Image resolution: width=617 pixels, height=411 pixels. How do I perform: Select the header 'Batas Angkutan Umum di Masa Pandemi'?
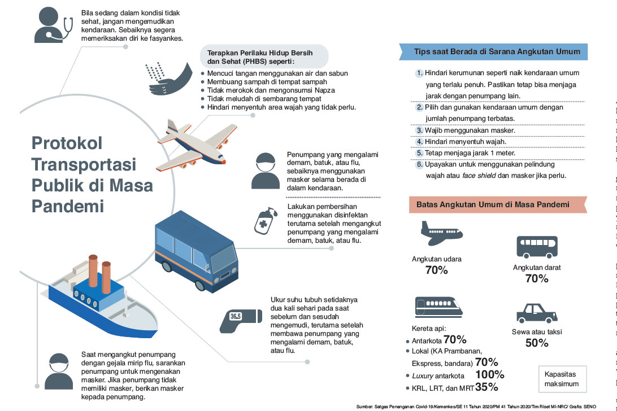pos(492,204)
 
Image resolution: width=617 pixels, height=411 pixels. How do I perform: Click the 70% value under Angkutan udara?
pos(436,270)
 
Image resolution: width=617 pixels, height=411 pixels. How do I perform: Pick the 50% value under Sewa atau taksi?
pos(537,343)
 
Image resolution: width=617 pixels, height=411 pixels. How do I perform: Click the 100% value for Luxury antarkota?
pos(489,375)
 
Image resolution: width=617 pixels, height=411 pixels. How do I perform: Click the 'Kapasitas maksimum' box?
pos(561,379)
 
